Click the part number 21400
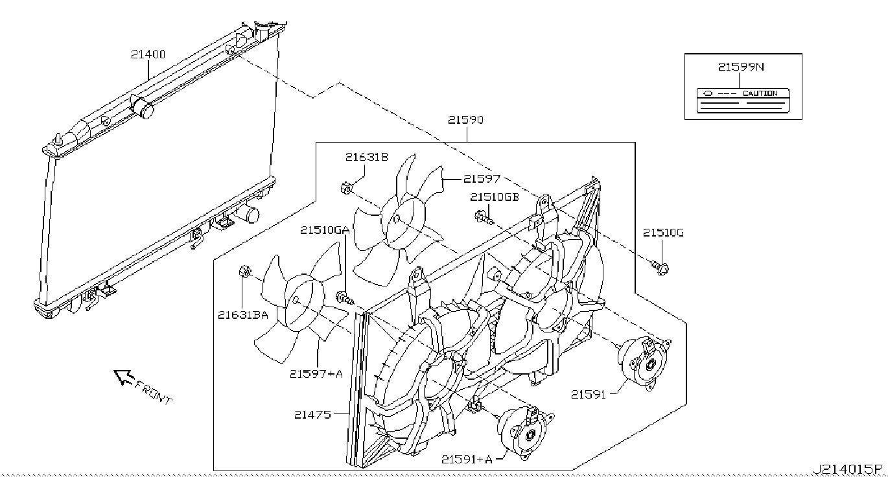[148, 55]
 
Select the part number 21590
[465, 120]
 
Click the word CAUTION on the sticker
[760, 93]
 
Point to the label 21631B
[366, 157]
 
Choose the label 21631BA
[243, 315]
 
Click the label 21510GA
[325, 230]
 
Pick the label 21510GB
[495, 197]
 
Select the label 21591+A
[467, 459]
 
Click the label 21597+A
[316, 373]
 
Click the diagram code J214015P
[848, 469]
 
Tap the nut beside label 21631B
[346, 189]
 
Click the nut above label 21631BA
[246, 272]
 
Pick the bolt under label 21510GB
[484, 217]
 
